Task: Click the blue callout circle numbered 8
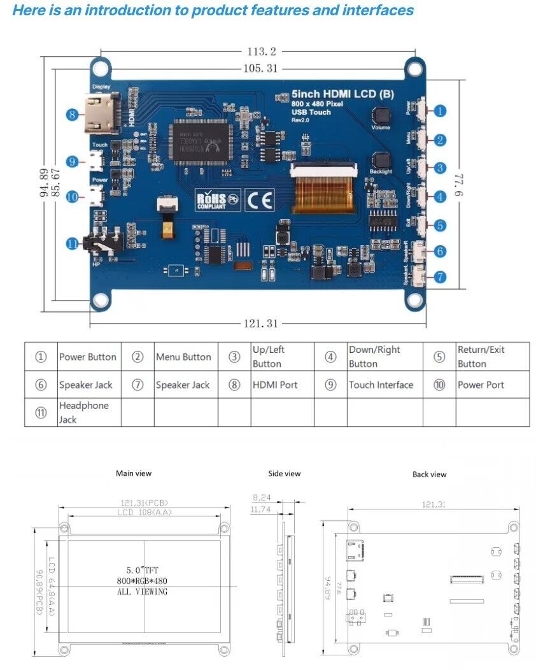click(73, 115)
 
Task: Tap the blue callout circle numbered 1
click(440, 111)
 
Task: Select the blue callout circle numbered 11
click(73, 243)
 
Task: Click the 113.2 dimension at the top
click(262, 52)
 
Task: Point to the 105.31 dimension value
click(262, 68)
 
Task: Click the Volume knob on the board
click(381, 116)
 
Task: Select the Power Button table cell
click(88, 357)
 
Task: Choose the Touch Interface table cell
click(381, 385)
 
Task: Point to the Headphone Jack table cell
click(84, 412)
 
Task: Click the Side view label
click(285, 473)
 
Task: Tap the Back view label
click(430, 474)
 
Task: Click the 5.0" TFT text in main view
click(143, 570)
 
